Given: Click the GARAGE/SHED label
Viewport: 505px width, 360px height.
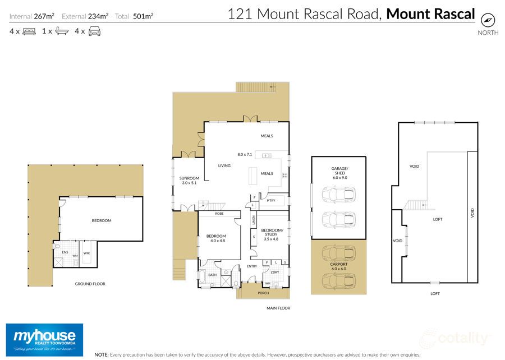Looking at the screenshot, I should pos(339,173).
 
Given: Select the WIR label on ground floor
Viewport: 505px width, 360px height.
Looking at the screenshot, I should pos(86,253).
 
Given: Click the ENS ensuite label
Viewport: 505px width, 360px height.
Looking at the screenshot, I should pos(65,253).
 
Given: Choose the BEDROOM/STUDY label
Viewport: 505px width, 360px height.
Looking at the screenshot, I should pos(272,233).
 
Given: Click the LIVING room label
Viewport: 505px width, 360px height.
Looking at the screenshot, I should pos(225,165).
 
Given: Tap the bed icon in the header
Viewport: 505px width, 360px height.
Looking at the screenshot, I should pos(29,31).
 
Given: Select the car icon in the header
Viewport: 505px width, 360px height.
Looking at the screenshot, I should pos(94,31).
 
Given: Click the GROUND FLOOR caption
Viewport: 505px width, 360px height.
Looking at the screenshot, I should pos(90,284).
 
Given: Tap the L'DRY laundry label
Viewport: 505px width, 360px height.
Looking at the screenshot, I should pos(275,273).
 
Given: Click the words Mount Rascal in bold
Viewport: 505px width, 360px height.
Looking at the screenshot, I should pos(430,14).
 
